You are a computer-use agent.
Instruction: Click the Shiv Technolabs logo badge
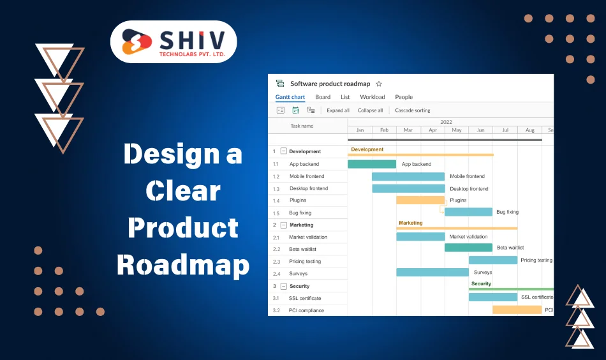174,41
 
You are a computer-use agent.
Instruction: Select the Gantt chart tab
290,97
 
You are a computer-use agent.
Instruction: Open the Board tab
323,97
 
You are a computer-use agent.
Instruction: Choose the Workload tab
373,97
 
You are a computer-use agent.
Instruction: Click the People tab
404,97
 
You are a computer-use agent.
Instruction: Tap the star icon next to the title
379,84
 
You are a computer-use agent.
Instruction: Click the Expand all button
338,110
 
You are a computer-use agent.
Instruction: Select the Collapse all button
370,110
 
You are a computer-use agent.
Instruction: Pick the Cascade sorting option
413,110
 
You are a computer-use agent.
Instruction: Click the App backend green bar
372,164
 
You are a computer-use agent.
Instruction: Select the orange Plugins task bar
420,200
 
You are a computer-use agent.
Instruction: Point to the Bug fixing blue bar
468,212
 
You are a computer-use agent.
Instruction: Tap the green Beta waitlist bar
468,248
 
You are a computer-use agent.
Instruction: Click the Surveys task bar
432,273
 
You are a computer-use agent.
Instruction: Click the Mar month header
408,130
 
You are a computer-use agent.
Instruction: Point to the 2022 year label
446,122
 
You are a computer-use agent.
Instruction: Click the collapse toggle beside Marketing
284,225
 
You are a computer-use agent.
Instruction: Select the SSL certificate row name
305,298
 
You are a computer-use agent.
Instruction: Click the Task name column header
302,126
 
